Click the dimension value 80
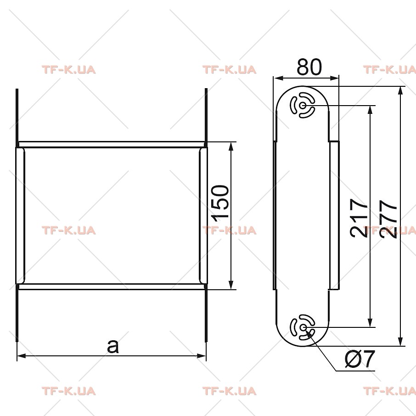[309, 67]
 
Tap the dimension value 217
[359, 218]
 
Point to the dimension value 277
[388, 219]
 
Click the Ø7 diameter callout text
[360, 359]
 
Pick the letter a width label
[113, 346]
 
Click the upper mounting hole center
[302, 105]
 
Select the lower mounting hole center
[302, 327]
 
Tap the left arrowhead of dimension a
[21, 355]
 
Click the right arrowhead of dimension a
[202, 355]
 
